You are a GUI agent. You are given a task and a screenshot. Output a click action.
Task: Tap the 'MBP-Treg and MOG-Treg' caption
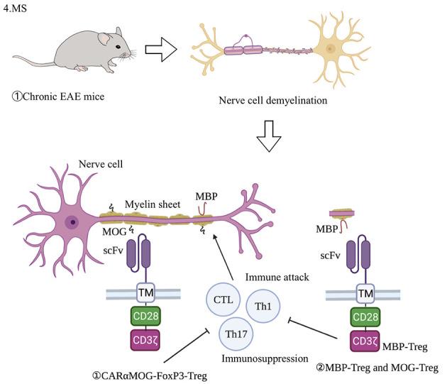(376, 368)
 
